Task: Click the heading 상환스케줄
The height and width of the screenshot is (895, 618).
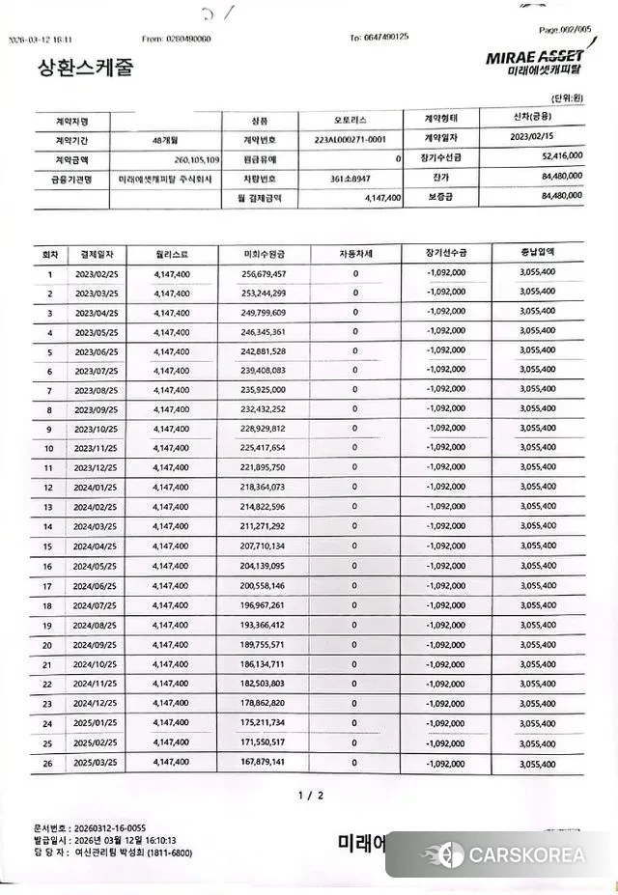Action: pyautogui.click(x=84, y=68)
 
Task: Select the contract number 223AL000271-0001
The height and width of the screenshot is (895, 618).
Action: pyautogui.click(x=356, y=140)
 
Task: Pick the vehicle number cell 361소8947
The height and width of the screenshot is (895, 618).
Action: pyautogui.click(x=350, y=178)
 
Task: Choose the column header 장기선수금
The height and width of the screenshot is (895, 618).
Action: pyautogui.click(x=445, y=254)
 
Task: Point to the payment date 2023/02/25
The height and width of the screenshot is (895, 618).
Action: pyautogui.click(x=97, y=274)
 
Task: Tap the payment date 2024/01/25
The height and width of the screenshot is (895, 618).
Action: pyautogui.click(x=97, y=488)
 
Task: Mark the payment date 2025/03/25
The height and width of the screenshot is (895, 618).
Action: pyautogui.click(x=97, y=764)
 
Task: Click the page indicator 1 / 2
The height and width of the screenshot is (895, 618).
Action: pyautogui.click(x=310, y=796)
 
